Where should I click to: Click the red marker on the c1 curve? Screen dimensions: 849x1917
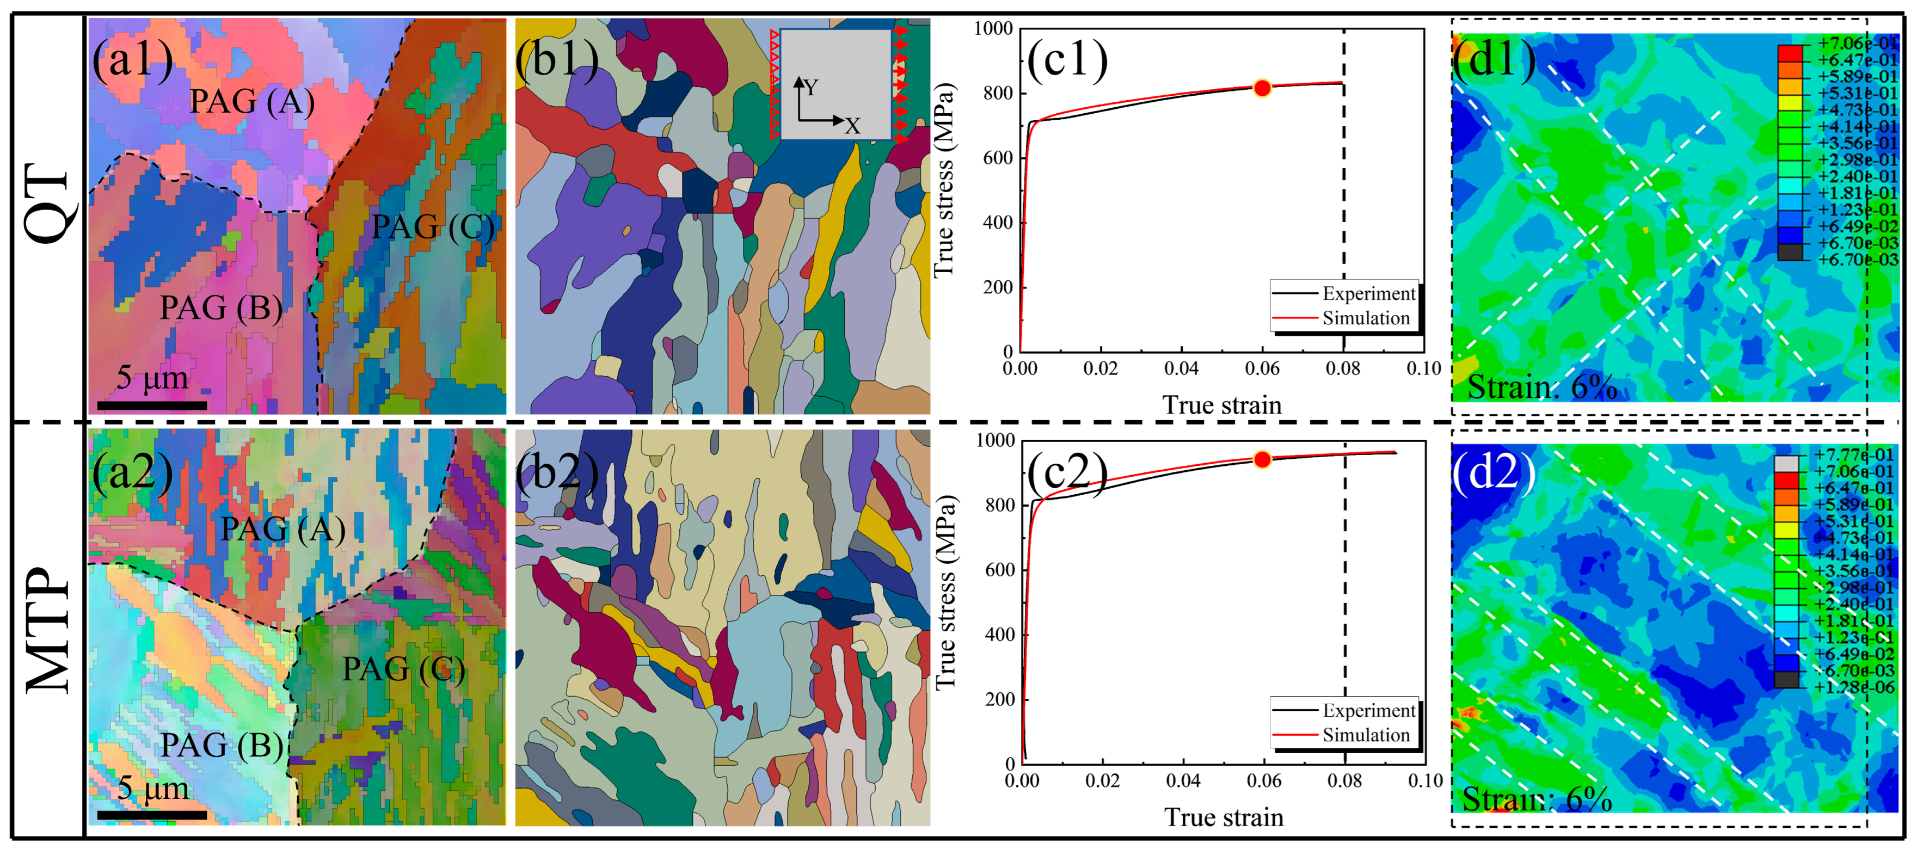[x=1262, y=88]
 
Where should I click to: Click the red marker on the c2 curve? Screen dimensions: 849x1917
[x=1262, y=460]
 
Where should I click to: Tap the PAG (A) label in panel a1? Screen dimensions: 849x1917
[x=251, y=101]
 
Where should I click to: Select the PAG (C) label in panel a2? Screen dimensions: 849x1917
[x=403, y=669]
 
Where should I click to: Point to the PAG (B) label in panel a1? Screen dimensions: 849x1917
[x=221, y=307]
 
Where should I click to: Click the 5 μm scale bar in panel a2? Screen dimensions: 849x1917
[x=152, y=815]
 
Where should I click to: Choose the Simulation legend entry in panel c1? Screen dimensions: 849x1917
[x=1365, y=318]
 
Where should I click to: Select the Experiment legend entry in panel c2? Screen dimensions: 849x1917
[x=1368, y=711]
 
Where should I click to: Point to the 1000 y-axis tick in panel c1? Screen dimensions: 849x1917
[x=993, y=29]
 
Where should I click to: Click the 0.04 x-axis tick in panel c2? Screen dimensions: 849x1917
[x=1183, y=780]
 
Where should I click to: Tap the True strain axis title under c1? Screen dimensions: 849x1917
[x=1222, y=405]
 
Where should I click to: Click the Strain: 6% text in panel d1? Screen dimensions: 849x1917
[x=1541, y=387]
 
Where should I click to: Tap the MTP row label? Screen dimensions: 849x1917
[x=48, y=630]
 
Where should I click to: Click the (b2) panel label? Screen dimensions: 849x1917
[x=557, y=472]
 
